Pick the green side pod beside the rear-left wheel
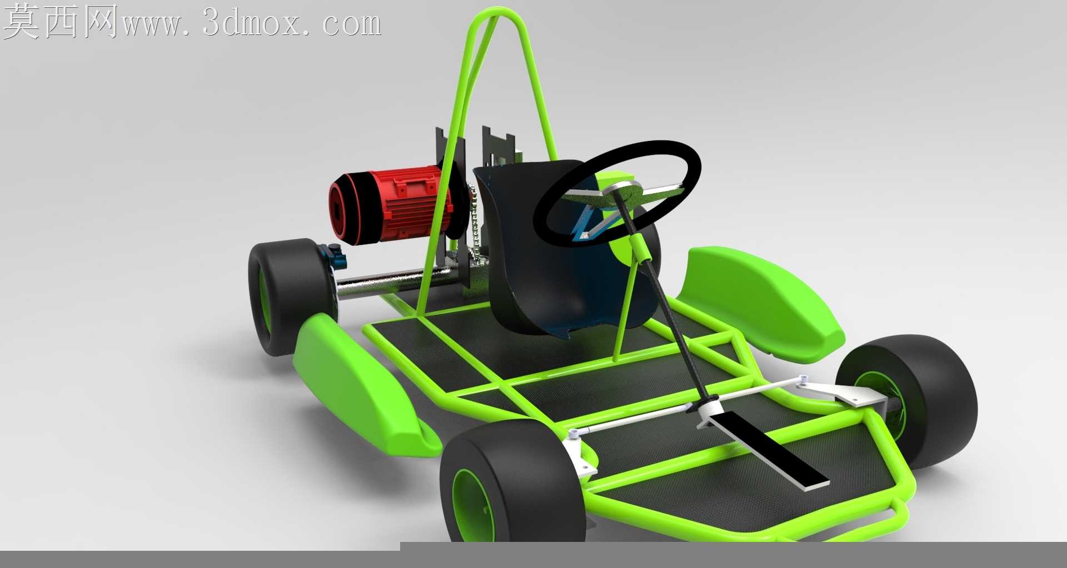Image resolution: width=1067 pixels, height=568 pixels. click(361, 383)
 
